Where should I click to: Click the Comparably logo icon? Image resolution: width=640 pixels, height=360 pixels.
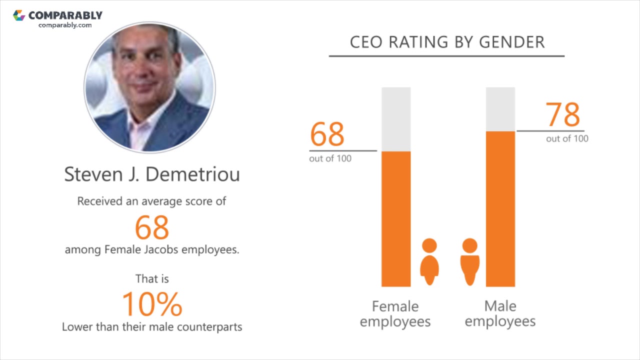click(19, 15)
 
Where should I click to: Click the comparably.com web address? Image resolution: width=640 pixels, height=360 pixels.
click(65, 25)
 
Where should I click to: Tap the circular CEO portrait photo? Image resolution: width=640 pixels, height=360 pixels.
click(150, 87)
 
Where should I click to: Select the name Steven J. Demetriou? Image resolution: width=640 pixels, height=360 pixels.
click(152, 174)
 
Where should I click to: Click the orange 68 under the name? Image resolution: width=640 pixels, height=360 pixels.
click(152, 227)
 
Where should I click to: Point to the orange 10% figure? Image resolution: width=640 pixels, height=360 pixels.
click(152, 304)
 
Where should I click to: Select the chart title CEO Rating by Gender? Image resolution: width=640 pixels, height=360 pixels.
click(447, 42)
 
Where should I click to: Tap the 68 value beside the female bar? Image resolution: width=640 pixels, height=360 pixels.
click(327, 134)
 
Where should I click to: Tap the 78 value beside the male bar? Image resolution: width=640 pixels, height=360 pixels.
click(563, 115)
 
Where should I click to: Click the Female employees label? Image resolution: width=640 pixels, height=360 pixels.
click(395, 313)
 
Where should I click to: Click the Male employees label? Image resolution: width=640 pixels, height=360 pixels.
click(500, 313)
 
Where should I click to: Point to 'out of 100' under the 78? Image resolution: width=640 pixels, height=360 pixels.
click(567, 138)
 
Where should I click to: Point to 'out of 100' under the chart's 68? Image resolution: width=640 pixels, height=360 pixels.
click(330, 158)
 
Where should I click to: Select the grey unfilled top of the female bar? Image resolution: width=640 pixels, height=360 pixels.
click(396, 119)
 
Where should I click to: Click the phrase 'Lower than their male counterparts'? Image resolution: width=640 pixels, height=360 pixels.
click(152, 327)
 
